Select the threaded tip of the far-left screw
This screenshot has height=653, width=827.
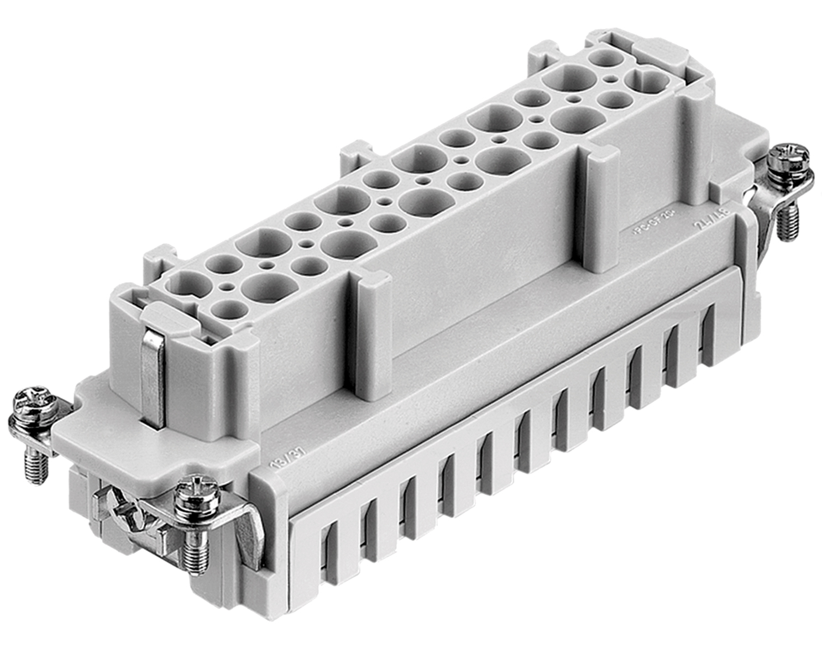pyautogui.click(x=36, y=470)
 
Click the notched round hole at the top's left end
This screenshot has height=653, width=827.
pyautogui.click(x=189, y=285)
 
